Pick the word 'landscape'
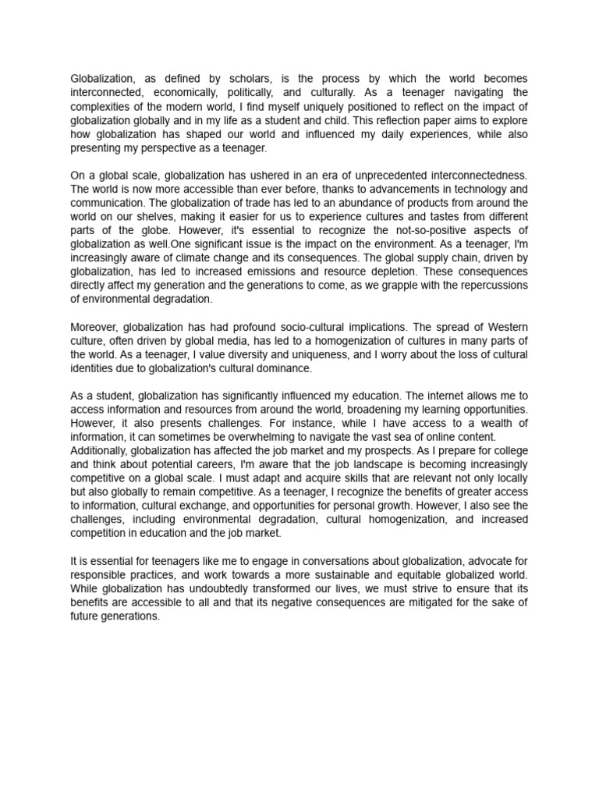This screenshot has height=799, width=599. (x=352, y=463)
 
